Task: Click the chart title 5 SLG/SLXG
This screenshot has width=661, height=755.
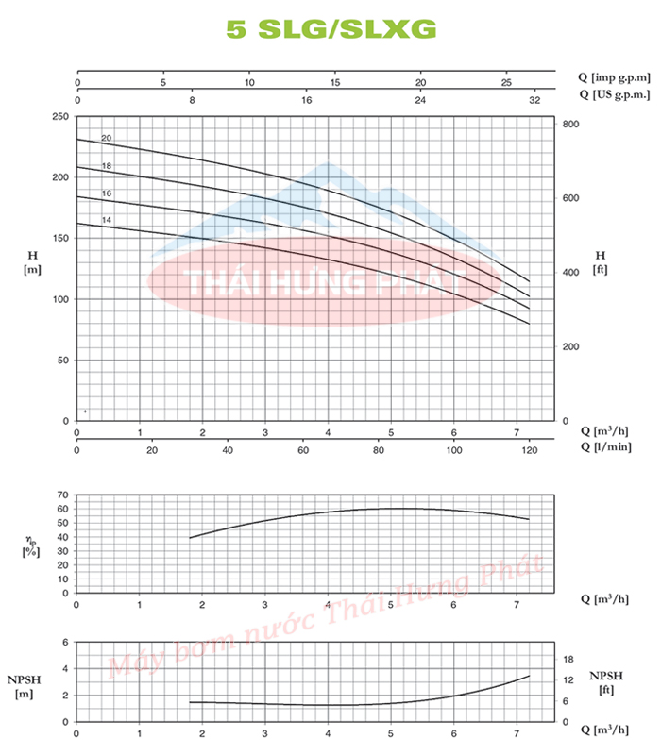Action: point(330,29)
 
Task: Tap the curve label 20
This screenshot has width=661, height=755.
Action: point(107,139)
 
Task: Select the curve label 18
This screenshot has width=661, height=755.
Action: point(107,166)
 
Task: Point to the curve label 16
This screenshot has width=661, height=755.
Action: point(107,193)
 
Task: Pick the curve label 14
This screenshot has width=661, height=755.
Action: point(107,220)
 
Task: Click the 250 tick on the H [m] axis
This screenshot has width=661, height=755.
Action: point(60,116)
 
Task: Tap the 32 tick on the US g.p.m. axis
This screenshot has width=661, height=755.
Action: point(535,98)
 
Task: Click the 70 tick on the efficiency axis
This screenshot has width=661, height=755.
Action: point(63,495)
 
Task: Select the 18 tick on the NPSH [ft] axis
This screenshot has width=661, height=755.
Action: point(568,660)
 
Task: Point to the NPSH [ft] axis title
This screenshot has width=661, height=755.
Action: point(605,682)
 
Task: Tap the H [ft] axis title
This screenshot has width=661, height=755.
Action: point(601,262)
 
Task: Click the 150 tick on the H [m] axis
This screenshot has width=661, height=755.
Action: point(60,238)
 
